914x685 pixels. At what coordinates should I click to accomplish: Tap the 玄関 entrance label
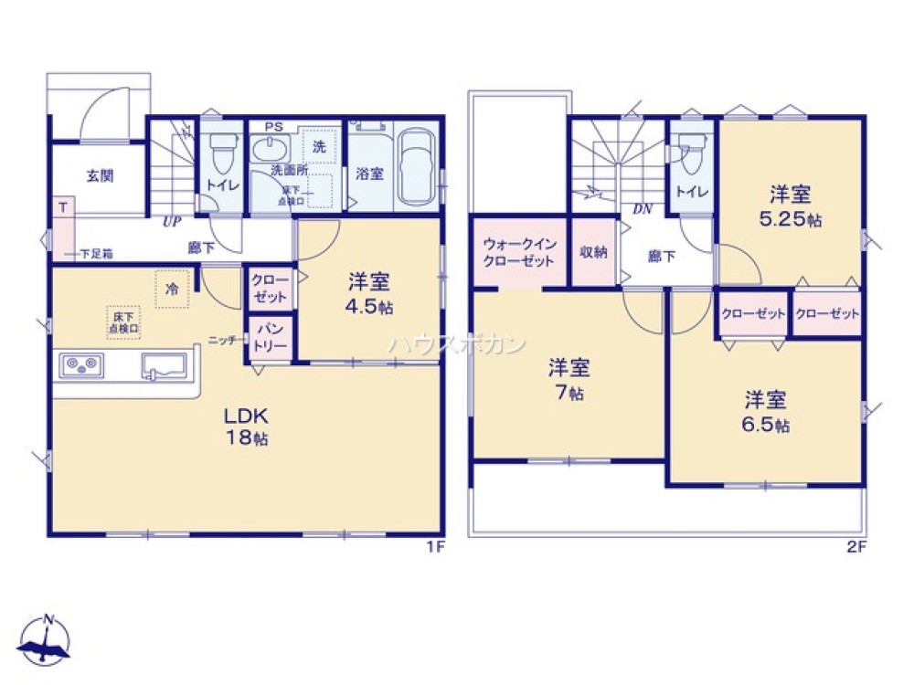(100, 176)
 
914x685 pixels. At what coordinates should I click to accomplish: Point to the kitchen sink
(165, 367)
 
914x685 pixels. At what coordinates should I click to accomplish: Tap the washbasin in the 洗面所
(271, 152)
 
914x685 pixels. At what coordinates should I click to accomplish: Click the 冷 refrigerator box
(172, 289)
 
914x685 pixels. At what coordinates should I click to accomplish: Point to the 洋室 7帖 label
(569, 380)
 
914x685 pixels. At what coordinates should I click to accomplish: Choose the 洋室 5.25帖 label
(790, 206)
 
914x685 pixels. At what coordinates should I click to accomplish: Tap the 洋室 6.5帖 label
(766, 411)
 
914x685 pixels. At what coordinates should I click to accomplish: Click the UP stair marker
(171, 221)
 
